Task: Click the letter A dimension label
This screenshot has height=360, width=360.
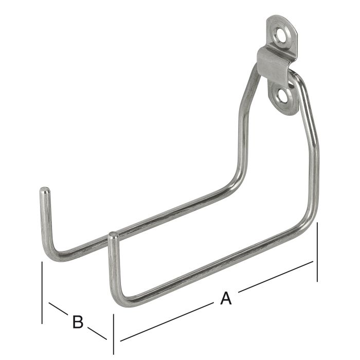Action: tap(226, 298)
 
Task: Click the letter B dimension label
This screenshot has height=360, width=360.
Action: tap(77, 322)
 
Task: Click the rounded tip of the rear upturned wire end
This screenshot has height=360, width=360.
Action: tap(44, 191)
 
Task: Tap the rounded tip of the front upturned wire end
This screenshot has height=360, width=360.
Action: tap(113, 237)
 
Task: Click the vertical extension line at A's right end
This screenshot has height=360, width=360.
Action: tap(317, 252)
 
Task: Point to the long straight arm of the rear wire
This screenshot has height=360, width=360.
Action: tap(154, 218)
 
